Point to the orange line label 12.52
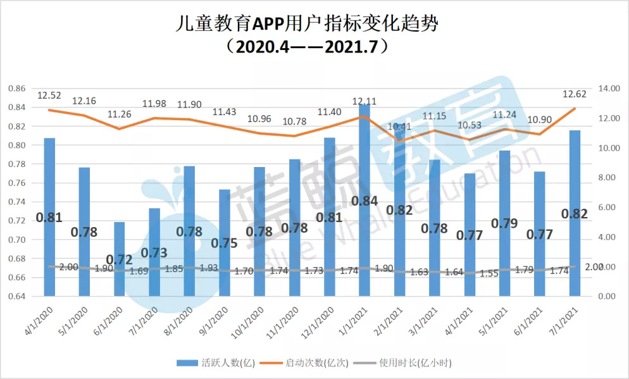[x=49, y=96]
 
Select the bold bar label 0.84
[x=364, y=201]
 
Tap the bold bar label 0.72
[x=120, y=259]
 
